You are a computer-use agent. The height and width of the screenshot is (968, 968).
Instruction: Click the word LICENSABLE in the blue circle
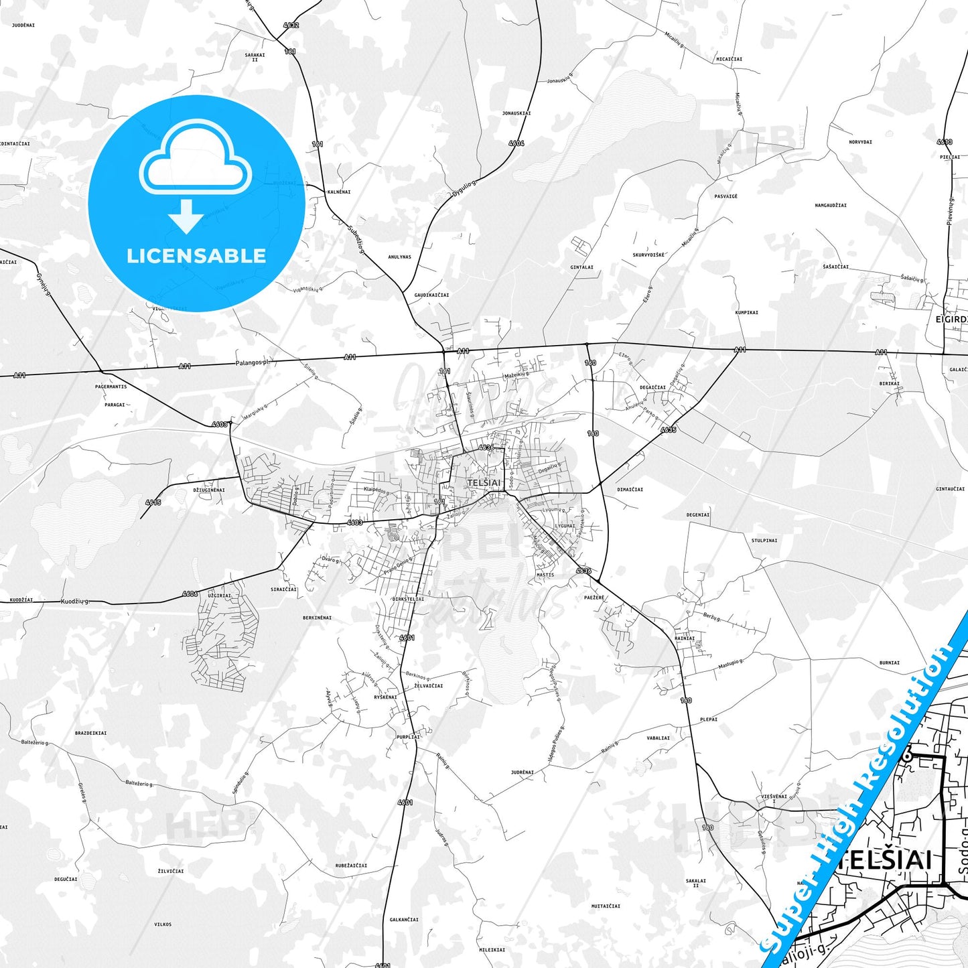pyautogui.click(x=196, y=256)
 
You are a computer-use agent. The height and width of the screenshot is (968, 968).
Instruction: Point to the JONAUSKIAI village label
pyautogui.click(x=516, y=113)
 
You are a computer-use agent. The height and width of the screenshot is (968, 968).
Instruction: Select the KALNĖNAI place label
pyautogui.click(x=339, y=192)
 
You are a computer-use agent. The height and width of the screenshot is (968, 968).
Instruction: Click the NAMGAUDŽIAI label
pyautogui.click(x=831, y=205)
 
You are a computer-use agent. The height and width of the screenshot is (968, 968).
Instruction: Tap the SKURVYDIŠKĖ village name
pyautogui.click(x=648, y=255)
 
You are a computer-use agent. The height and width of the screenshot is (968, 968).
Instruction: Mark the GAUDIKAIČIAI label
pyautogui.click(x=431, y=295)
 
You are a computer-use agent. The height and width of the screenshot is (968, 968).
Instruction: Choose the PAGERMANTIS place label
pyautogui.click(x=111, y=387)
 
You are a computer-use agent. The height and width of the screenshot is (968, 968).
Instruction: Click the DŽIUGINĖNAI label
pyautogui.click(x=209, y=490)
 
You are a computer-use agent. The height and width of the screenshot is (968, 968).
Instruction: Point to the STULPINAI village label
pyautogui.click(x=764, y=540)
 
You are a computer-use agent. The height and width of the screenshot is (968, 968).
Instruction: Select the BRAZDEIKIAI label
pyautogui.click(x=90, y=733)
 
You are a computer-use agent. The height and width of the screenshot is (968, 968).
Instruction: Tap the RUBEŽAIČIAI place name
pyautogui.click(x=351, y=866)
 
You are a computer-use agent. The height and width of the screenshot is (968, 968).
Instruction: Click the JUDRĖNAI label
pyautogui.click(x=523, y=772)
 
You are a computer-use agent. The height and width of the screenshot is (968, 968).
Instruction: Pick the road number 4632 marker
pyautogui.click(x=291, y=25)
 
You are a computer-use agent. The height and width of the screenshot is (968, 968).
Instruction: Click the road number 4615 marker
pyautogui.click(x=153, y=502)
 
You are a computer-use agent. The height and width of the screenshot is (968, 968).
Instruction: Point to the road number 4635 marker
pyautogui.click(x=668, y=429)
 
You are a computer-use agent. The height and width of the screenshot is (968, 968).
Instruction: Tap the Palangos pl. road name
pyautogui.click(x=252, y=362)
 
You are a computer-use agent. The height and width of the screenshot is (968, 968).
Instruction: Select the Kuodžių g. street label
pyautogui.click(x=75, y=602)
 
